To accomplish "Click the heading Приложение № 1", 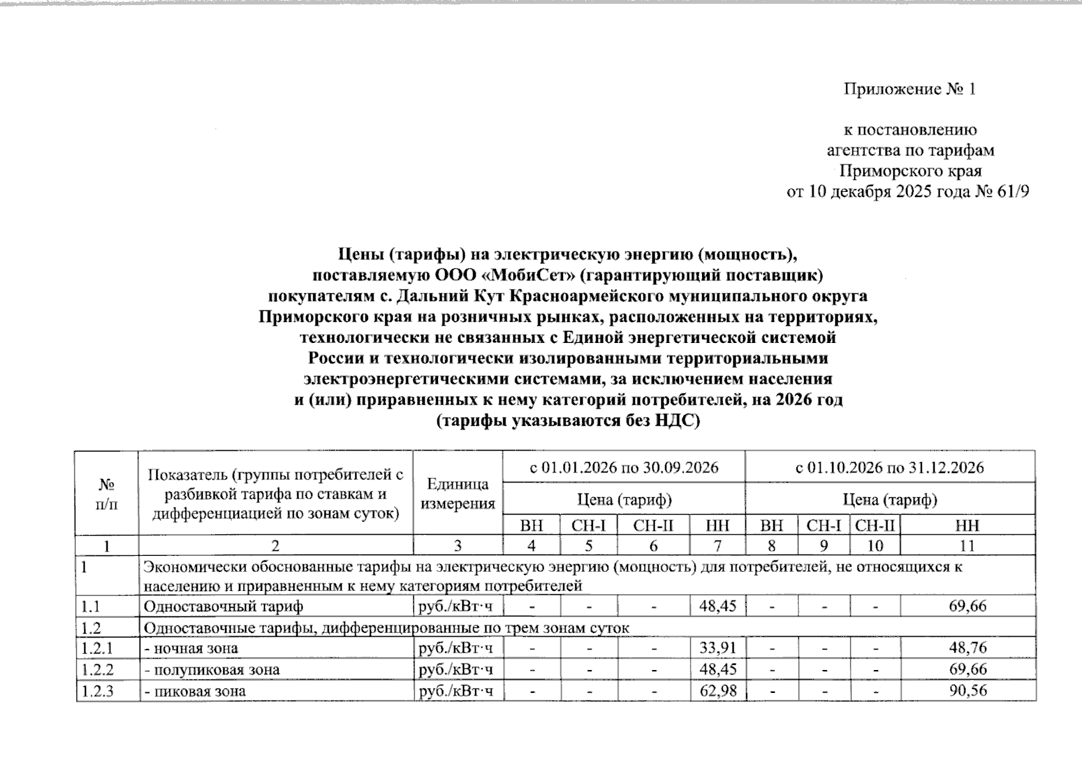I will [909, 89].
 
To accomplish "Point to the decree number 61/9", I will [1013, 191].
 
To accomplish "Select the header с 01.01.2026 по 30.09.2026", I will [624, 467].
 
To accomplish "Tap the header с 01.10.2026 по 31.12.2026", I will [889, 467].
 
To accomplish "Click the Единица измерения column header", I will [458, 494].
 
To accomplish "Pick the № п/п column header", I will [106, 494].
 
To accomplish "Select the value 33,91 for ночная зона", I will [717, 648].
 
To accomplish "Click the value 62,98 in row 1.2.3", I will [717, 691].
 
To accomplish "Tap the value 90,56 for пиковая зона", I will [967, 691].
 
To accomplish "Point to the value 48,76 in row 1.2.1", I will [967, 648].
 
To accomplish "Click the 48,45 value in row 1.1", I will [717, 606].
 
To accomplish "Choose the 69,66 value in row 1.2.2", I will [967, 669].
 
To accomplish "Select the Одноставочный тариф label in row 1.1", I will [223, 606].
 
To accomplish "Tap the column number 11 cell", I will [967, 546].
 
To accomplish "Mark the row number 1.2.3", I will [98, 691].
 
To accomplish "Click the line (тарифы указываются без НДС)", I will [567, 421].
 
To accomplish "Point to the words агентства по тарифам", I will [910, 150].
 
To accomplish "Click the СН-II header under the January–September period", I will [653, 526].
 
